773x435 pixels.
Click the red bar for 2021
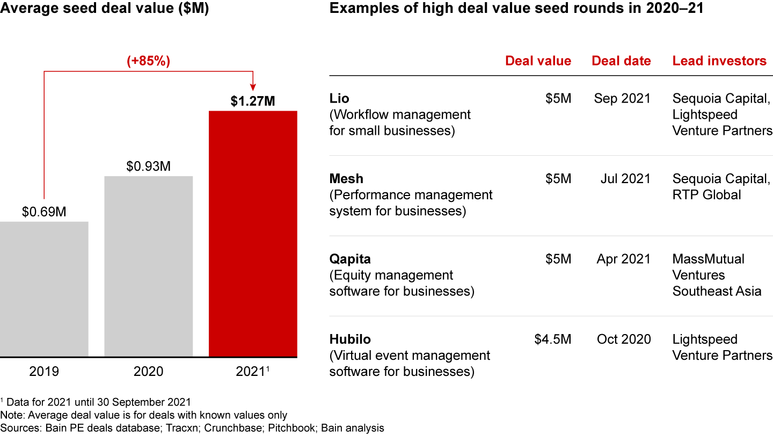[x=252, y=234]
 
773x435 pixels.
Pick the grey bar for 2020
[x=148, y=266]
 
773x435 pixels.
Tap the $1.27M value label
[x=252, y=101]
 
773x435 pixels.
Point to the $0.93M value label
[x=148, y=166]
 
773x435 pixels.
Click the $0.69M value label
[x=44, y=212]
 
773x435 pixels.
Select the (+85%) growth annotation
[x=148, y=61]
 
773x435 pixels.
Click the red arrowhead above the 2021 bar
[x=252, y=88]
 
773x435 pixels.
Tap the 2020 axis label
[x=148, y=371]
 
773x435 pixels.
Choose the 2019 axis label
[x=44, y=371]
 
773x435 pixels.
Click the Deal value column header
[x=538, y=61]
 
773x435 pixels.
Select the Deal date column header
[x=621, y=61]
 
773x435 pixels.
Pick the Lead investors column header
[x=719, y=61]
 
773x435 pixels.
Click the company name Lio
[x=339, y=99]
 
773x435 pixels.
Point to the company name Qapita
[x=349, y=259]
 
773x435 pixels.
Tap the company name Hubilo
[x=349, y=339]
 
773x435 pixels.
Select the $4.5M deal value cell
[x=553, y=339]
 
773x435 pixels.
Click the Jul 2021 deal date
[x=625, y=179]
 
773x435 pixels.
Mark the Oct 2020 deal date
[x=624, y=339]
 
